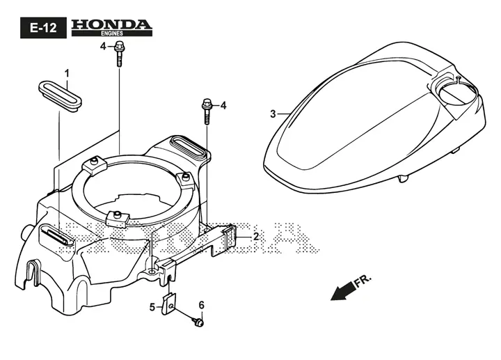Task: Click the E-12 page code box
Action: coord(43,28)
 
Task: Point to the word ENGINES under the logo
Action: coord(112,33)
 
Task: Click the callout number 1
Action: coord(67,74)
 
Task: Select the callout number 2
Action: coord(256,237)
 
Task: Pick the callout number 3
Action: coord(273,114)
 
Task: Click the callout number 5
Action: coord(152,308)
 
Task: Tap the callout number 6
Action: coord(201,305)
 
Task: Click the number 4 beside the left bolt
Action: coord(103,47)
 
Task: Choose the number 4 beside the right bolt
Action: coord(223,106)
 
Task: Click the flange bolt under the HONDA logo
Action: coord(119,54)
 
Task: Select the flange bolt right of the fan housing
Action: coord(207,111)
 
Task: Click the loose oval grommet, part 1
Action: coord(60,95)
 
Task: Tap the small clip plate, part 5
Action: coord(168,304)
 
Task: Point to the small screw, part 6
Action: coord(198,322)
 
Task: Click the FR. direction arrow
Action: coord(343,290)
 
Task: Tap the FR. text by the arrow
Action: coord(363,281)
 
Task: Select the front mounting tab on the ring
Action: coord(117,219)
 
